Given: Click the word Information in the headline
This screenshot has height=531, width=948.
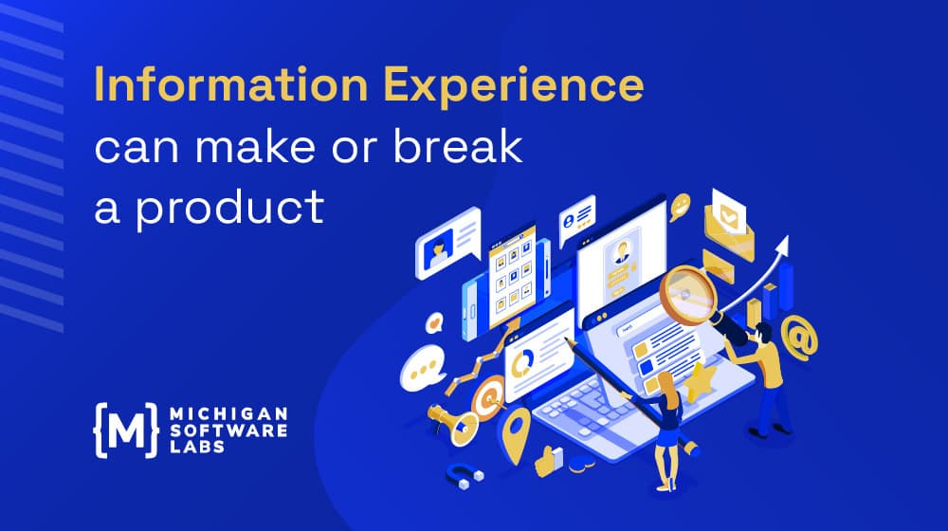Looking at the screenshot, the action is pos(231,84).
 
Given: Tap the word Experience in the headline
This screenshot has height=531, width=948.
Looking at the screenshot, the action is pos(514,86).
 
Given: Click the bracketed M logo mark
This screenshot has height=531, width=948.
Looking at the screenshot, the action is pos(126,430).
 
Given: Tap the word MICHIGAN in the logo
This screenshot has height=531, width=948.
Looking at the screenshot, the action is pos(228,414).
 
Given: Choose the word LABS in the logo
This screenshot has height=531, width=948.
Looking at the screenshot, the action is pos(197,447).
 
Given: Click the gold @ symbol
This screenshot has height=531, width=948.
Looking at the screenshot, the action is pos(799,339).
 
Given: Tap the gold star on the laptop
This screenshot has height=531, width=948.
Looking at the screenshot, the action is pos(701,382).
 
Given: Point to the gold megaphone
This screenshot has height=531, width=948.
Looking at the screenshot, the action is pos(453,423).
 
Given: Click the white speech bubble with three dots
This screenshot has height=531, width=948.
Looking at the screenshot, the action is pos(423,368).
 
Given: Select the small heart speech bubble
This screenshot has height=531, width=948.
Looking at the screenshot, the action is pos(434,323).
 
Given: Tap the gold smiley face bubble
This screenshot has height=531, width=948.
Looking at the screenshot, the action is pos(680,206).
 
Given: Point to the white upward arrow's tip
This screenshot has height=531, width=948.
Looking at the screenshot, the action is pos(787,236).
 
